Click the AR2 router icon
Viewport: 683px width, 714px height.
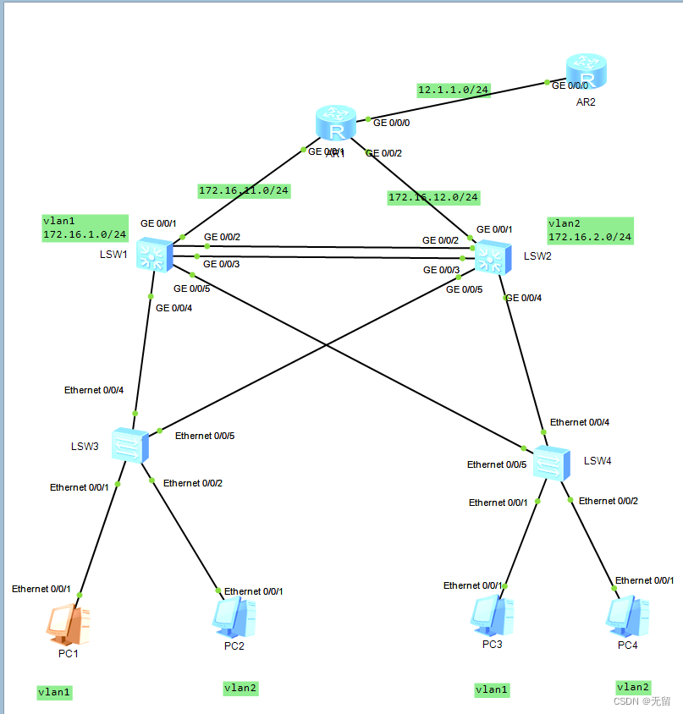click(x=586, y=73)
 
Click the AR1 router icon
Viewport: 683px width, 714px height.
click(x=336, y=124)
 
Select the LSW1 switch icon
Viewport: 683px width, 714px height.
click(x=154, y=255)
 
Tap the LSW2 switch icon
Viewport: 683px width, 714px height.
click(x=491, y=256)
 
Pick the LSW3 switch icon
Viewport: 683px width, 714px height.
click(x=130, y=446)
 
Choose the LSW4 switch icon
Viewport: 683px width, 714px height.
click(x=552, y=463)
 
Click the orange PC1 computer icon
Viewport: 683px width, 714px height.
click(x=68, y=624)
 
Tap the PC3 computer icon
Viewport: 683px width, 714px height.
click(x=492, y=616)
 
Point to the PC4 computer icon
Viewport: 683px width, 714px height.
click(x=627, y=617)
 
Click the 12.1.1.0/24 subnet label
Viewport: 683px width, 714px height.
click(x=453, y=90)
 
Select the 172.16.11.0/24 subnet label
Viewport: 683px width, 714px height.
click(x=244, y=190)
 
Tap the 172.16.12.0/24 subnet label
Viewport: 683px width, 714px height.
click(x=433, y=197)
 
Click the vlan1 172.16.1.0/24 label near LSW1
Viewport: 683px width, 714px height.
click(x=85, y=228)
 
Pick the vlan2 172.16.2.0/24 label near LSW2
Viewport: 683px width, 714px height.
click(x=590, y=230)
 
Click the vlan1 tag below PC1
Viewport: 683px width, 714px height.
click(x=54, y=692)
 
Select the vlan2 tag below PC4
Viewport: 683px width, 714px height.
click(x=633, y=687)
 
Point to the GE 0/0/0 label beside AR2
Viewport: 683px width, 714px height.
click(x=569, y=85)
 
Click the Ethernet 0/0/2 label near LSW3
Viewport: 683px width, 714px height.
click(x=193, y=483)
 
